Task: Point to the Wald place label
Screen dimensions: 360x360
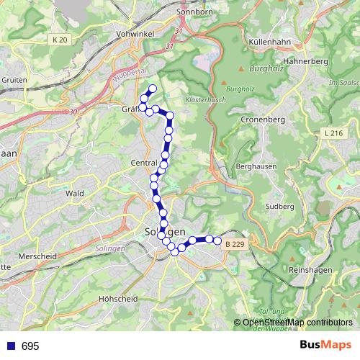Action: (x=74, y=193)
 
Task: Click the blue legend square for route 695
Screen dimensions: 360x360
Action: (x=9, y=346)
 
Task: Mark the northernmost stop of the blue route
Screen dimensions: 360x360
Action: (x=152, y=89)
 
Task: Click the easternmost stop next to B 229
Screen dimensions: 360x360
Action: (x=217, y=240)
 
